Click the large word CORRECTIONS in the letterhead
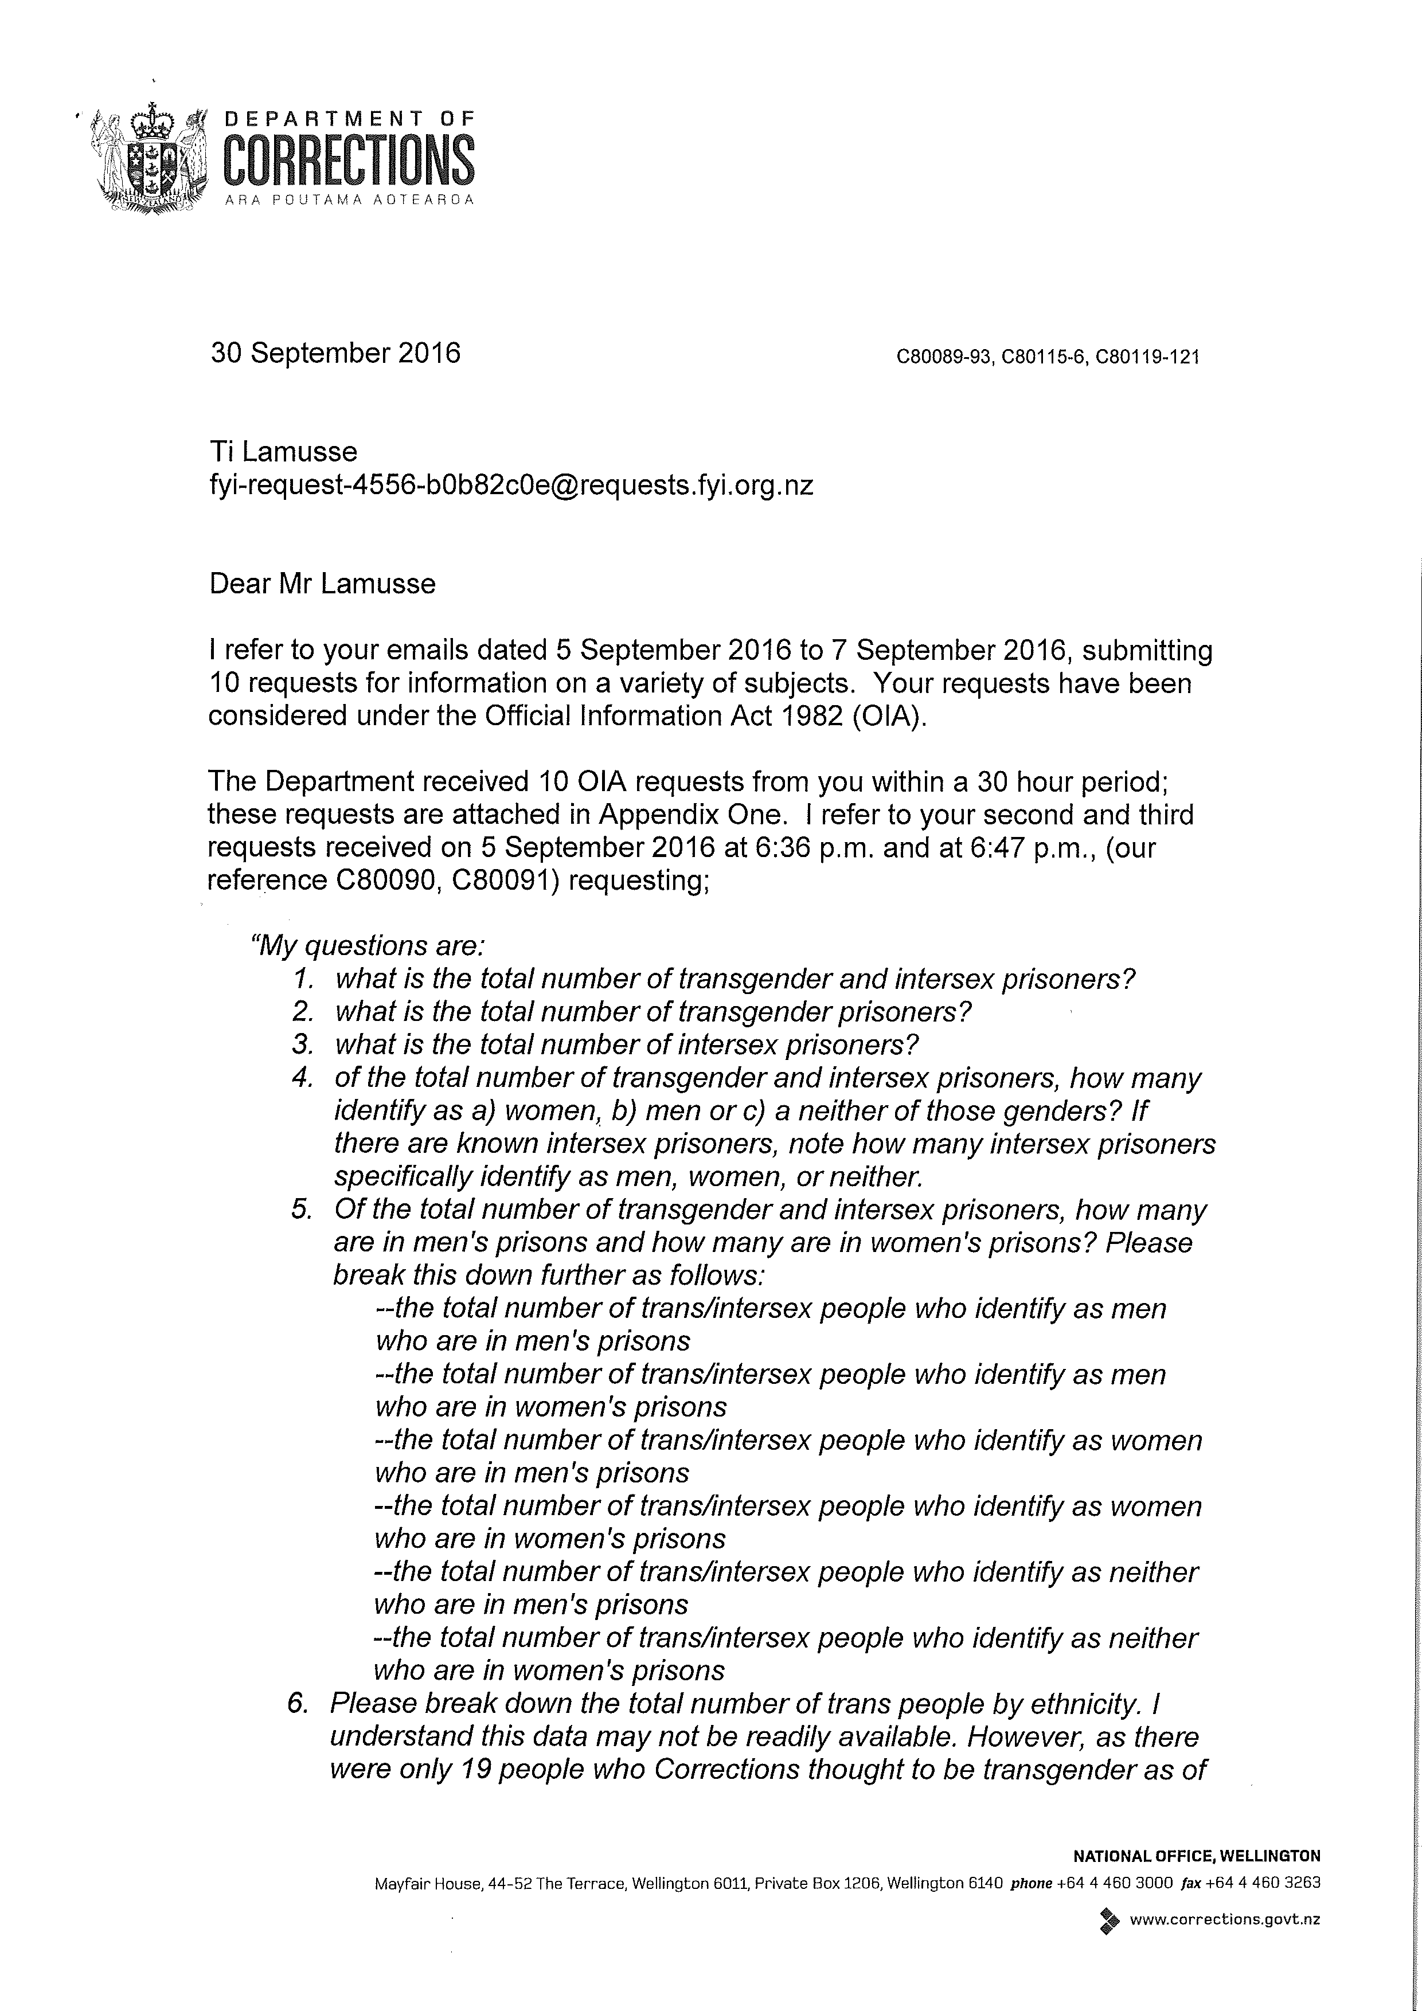tap(350, 159)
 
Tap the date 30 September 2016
tap(335, 353)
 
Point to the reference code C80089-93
tap(944, 357)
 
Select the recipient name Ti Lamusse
tap(283, 452)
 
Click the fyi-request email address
tap(511, 485)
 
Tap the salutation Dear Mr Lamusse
tap(322, 584)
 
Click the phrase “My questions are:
tap(368, 946)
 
